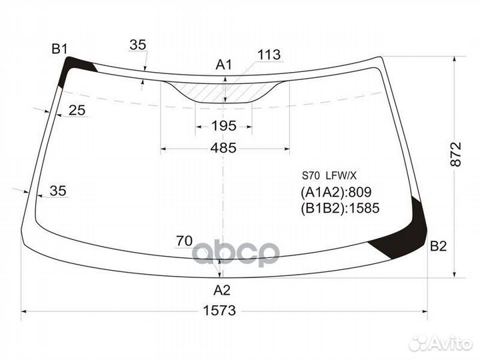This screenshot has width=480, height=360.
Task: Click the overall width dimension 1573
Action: (x=219, y=311)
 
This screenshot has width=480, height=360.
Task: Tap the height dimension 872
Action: (x=455, y=154)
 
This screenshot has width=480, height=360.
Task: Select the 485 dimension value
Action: (x=223, y=148)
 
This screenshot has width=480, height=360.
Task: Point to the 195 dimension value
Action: (x=224, y=126)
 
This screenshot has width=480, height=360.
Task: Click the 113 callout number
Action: (x=269, y=55)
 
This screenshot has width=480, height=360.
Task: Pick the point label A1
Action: (x=224, y=65)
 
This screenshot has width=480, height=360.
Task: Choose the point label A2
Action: (x=222, y=290)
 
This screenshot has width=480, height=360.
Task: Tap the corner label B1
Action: (x=59, y=49)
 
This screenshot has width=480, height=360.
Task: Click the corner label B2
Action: (x=439, y=246)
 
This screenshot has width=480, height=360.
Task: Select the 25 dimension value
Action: (x=77, y=110)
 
